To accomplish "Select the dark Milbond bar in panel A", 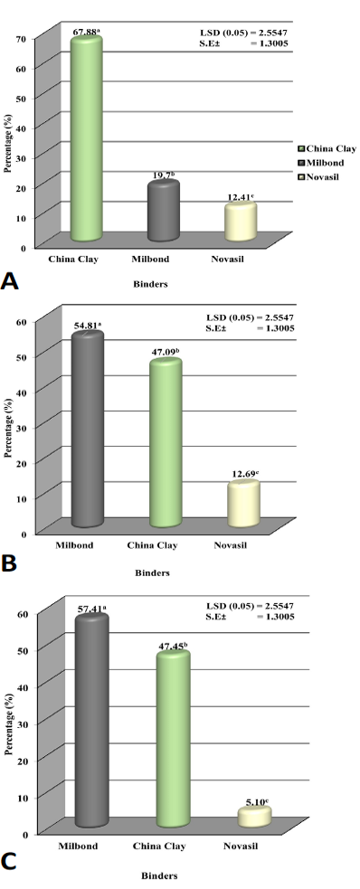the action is [x=164, y=211].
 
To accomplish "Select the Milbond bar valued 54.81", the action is [x=87, y=428].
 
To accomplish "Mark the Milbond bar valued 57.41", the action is [x=92, y=720].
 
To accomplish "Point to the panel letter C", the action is [x=10, y=861].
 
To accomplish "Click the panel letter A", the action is [x=10, y=279].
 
